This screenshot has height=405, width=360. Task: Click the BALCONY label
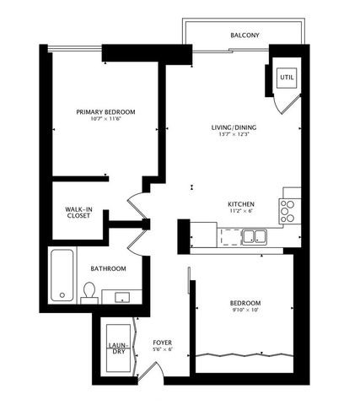245,35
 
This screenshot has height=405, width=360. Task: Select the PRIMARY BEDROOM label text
105,111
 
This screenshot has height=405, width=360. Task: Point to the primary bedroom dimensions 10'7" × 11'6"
105,120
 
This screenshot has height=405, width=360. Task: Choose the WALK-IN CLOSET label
79,212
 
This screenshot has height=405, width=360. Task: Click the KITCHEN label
241,204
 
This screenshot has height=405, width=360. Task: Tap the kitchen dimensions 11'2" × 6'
241,213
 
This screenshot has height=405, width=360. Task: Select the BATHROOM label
109,268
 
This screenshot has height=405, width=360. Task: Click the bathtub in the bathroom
62,275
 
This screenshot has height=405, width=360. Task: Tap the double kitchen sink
254,236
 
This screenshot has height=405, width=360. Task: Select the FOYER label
162,342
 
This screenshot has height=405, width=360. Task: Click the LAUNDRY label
117,348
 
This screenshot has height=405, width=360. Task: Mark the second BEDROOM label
245,303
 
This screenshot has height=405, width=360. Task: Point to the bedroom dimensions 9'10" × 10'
245,311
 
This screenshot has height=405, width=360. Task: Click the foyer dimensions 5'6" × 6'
162,349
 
